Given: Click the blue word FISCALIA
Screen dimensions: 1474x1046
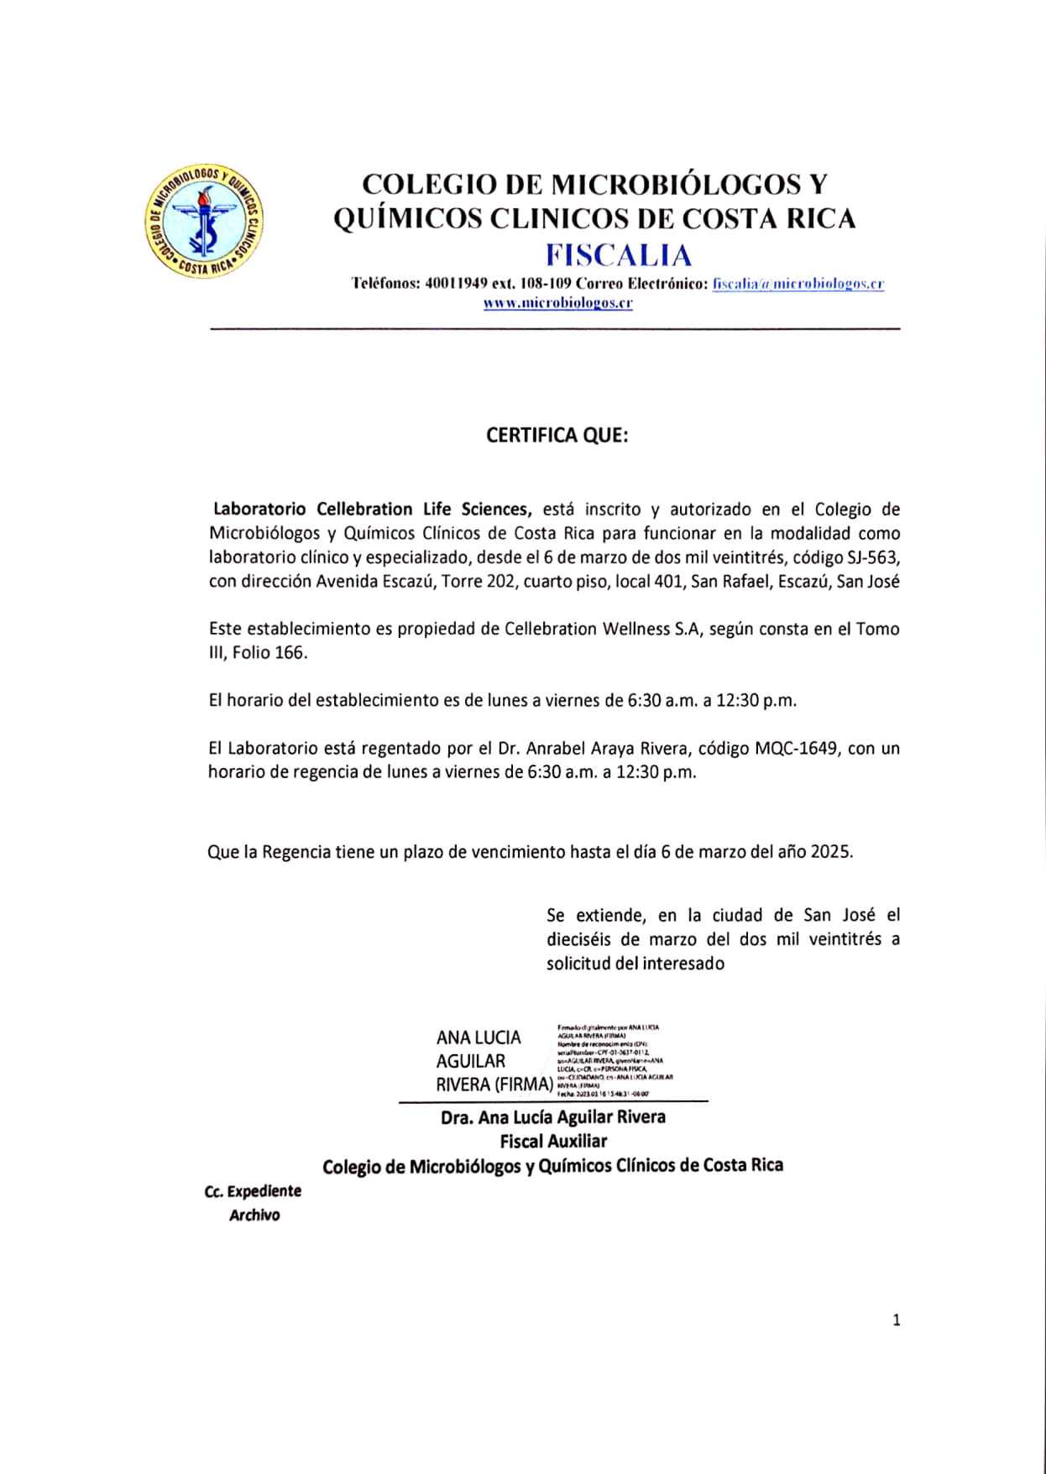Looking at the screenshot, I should [619, 254].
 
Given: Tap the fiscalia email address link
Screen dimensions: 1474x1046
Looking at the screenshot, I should [798, 284].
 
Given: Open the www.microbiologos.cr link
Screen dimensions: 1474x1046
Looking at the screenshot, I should [557, 303].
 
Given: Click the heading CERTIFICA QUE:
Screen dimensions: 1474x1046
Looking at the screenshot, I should [557, 436].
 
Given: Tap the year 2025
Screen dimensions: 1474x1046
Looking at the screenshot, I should [831, 851].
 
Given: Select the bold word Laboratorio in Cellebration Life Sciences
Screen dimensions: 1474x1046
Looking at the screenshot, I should [263, 509].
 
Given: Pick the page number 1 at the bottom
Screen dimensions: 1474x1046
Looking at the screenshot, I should [896, 1320].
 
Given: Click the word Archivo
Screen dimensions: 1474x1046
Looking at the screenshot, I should [254, 1215].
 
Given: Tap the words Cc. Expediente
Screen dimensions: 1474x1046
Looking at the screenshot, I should [253, 1190].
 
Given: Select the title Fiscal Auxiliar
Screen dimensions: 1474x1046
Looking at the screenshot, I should [553, 1141].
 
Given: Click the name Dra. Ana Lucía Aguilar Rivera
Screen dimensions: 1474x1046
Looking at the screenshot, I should [553, 1116].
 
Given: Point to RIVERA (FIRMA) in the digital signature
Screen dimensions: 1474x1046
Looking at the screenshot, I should [494, 1084].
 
